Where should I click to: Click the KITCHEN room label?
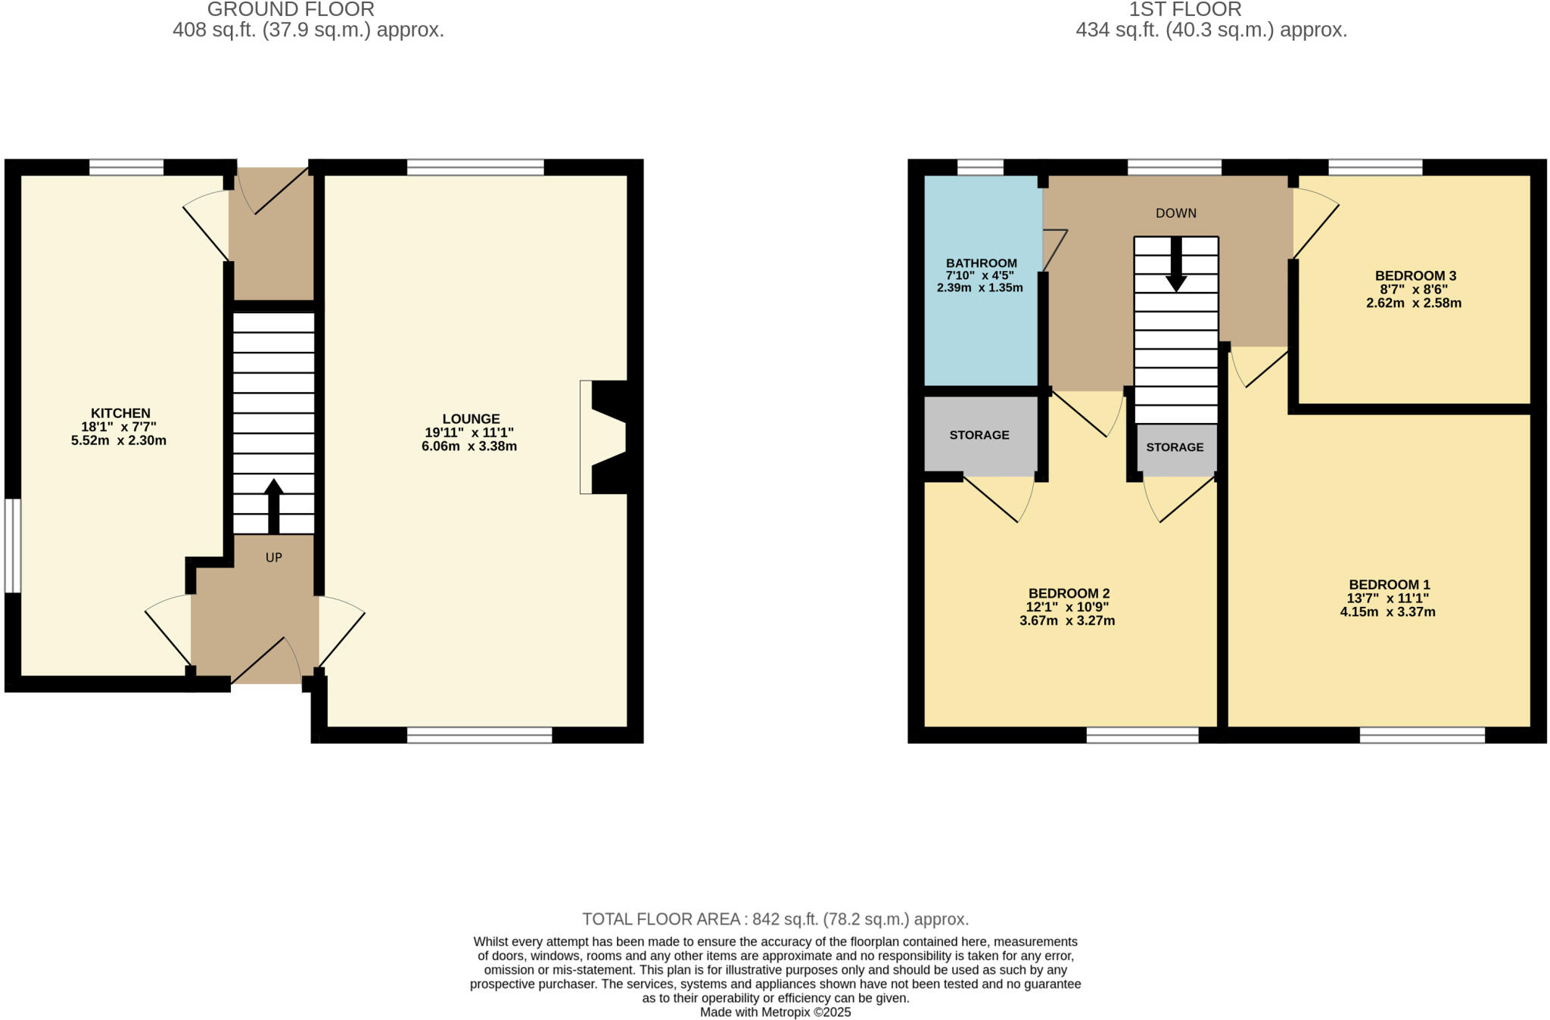[120, 413]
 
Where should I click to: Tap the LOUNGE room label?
[471, 418]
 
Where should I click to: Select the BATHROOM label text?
[981, 263]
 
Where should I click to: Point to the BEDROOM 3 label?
[1415, 276]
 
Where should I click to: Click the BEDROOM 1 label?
[1389, 584]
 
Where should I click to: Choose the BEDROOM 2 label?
[1068, 593]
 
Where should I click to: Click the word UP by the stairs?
[273, 558]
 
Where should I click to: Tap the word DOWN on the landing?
[1175, 213]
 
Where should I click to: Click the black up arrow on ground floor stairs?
[273, 505]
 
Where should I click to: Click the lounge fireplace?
[605, 437]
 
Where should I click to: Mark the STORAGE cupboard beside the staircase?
[1175, 447]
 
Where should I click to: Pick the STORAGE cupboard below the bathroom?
[979, 435]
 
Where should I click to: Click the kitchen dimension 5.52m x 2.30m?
[119, 440]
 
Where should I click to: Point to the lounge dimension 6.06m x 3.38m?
[469, 446]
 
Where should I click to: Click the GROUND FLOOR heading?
[291, 10]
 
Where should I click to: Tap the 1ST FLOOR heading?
[1184, 10]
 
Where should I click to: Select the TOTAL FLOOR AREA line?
[775, 919]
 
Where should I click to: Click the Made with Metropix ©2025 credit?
[775, 1012]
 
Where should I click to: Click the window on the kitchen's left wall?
[13, 545]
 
